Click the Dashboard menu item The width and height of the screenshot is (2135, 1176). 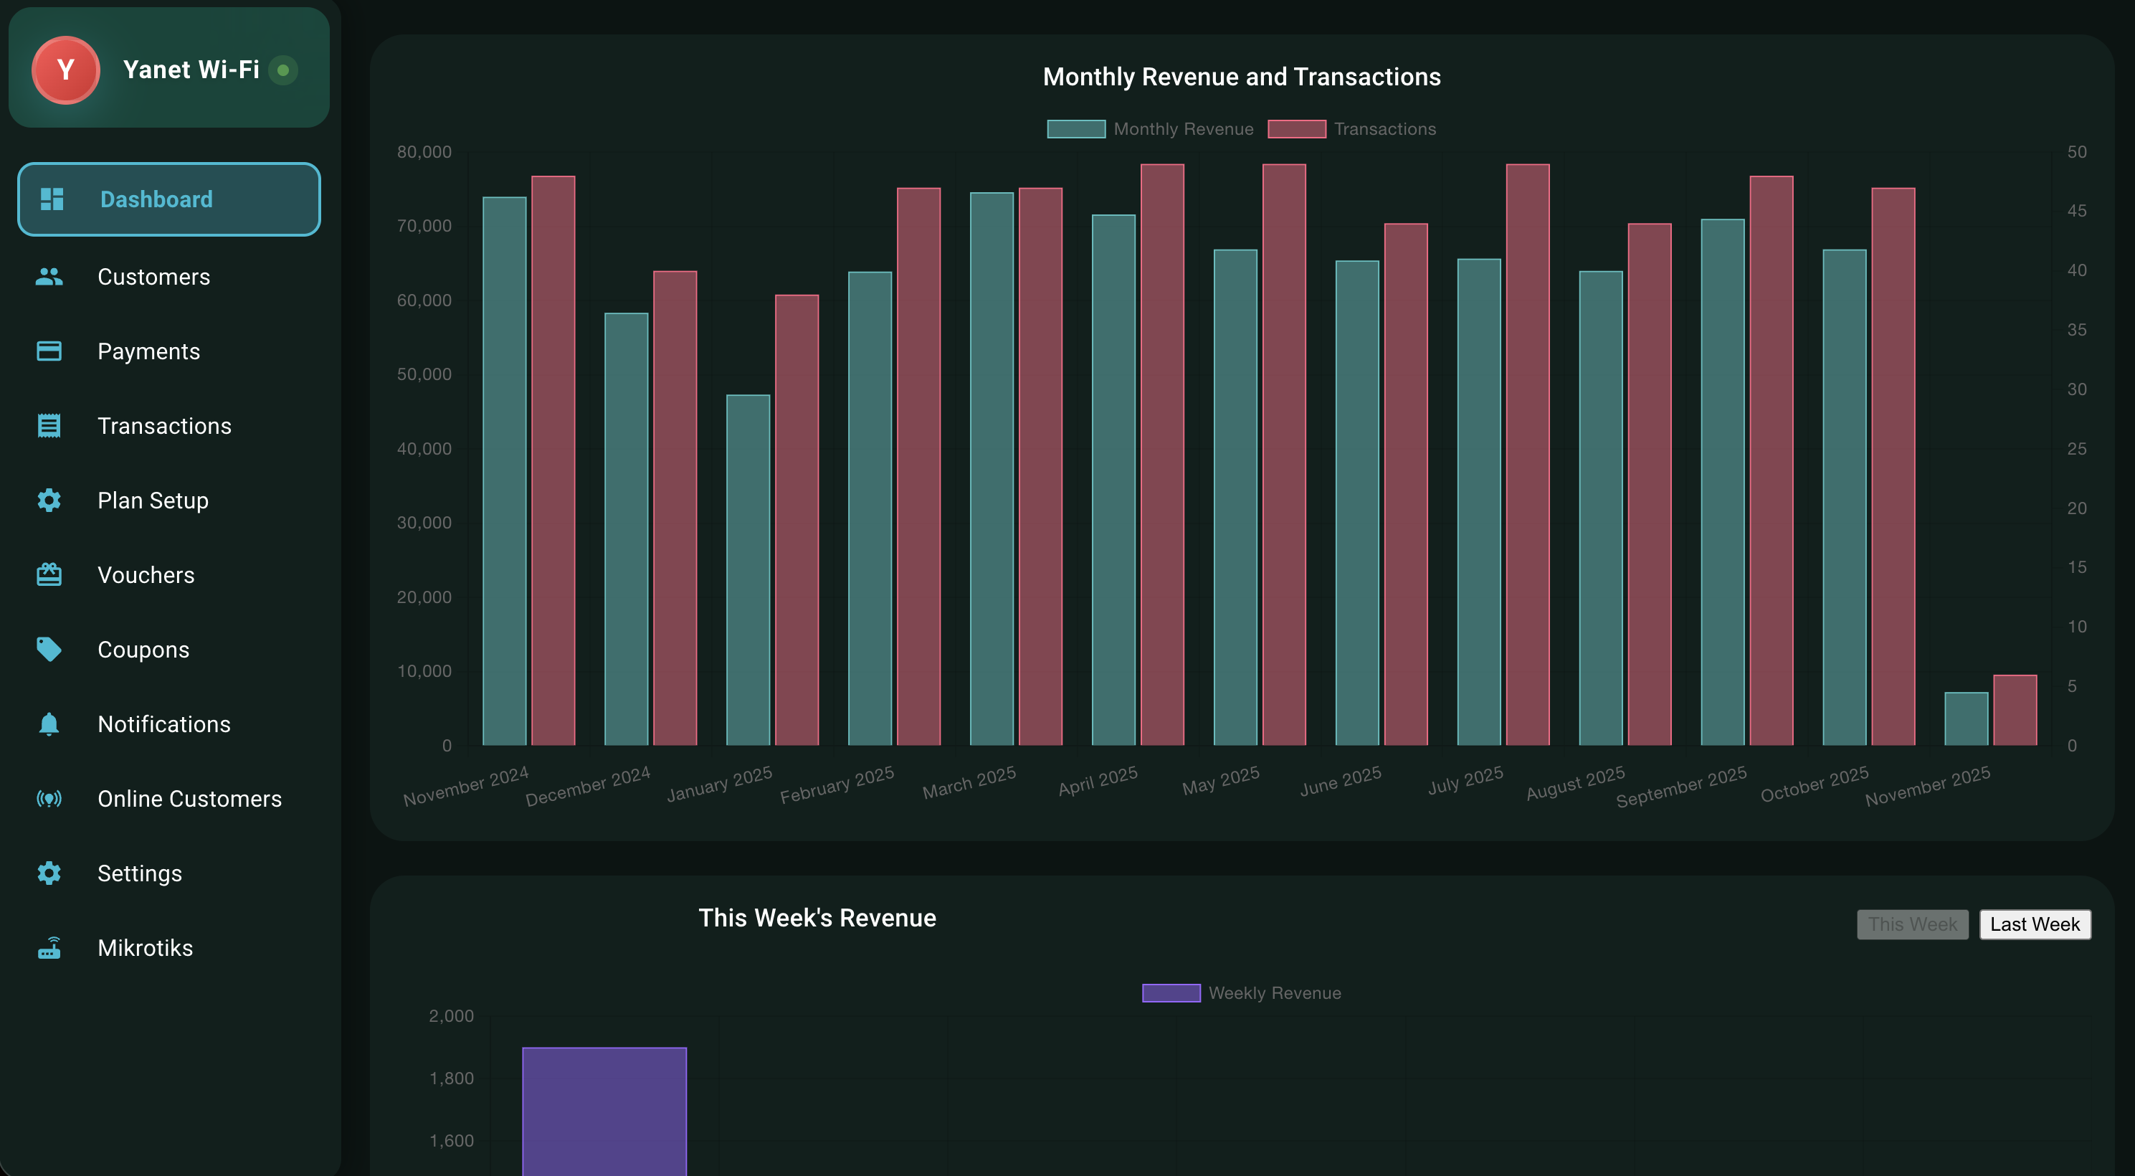(168, 199)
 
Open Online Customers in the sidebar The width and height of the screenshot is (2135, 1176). (189, 799)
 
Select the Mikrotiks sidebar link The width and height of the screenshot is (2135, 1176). (145, 948)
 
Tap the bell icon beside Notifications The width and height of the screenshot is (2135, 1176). (49, 724)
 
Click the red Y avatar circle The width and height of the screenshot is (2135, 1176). (65, 70)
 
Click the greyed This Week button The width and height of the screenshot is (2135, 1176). (1911, 924)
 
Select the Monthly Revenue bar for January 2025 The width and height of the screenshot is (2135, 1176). (748, 570)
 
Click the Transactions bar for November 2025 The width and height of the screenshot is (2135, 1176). (2014, 710)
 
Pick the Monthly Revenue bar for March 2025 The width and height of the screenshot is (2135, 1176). (992, 468)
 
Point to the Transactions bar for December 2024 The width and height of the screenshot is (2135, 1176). (675, 508)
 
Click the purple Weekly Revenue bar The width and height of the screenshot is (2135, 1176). (604, 1111)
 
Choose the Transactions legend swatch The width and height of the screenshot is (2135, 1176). (1296, 129)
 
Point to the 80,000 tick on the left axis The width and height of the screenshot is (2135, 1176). (424, 152)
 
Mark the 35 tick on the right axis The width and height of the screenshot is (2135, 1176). (2076, 330)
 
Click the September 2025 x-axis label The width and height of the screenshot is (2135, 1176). (1682, 787)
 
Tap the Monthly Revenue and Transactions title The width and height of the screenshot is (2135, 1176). (1241, 77)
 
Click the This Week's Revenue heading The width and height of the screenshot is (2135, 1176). (817, 919)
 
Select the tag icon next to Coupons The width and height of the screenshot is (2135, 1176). (49, 650)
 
